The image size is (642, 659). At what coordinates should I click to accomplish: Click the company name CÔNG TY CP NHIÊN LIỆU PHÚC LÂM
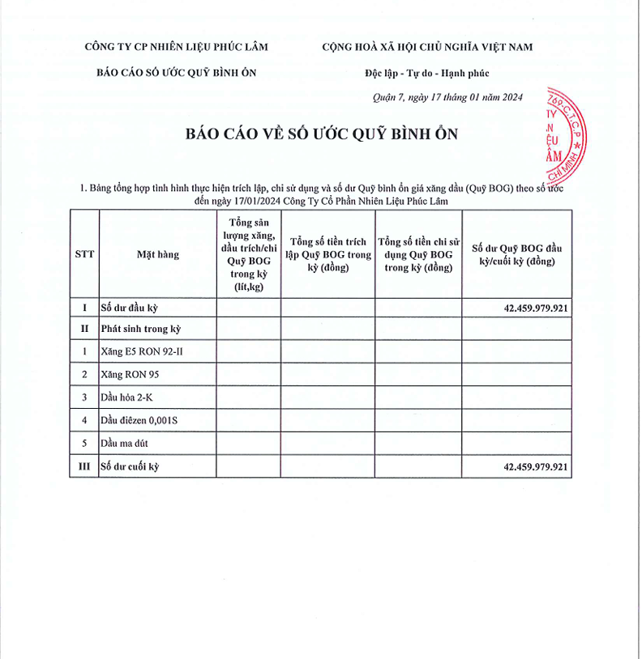[176, 47]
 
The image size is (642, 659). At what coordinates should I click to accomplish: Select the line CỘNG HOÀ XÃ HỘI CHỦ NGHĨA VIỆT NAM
[427, 47]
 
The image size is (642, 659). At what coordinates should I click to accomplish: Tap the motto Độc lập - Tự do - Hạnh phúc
[427, 74]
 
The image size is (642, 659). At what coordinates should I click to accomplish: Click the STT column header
[84, 253]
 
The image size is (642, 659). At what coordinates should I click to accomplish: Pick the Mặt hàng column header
[157, 253]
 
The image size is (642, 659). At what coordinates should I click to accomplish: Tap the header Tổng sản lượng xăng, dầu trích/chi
[248, 253]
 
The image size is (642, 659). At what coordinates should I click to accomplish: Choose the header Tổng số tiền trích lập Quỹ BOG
[327, 253]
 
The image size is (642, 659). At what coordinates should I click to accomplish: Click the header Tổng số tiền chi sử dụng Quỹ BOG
[418, 253]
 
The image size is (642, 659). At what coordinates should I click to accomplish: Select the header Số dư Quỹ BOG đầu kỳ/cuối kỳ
[516, 253]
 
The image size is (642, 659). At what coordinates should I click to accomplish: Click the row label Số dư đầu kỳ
[129, 308]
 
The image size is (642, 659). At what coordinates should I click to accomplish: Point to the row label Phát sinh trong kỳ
[140, 329]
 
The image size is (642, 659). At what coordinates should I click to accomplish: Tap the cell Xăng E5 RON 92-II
[147, 351]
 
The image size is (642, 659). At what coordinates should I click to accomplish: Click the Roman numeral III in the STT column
[84, 467]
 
